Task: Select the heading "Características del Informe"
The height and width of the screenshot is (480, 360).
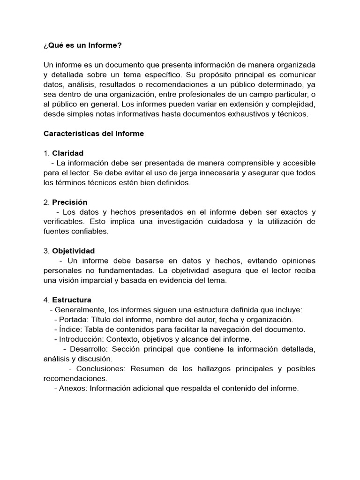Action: tap(94, 134)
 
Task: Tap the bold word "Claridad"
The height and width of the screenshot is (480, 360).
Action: tap(68, 153)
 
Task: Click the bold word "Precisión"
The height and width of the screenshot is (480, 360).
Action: tap(70, 202)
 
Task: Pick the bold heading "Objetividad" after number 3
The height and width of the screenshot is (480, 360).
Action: tap(73, 251)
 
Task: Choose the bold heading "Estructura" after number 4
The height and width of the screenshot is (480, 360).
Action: tap(72, 300)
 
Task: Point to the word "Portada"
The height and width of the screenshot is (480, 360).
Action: tap(72, 319)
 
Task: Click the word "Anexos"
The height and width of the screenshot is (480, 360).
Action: tap(72, 388)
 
